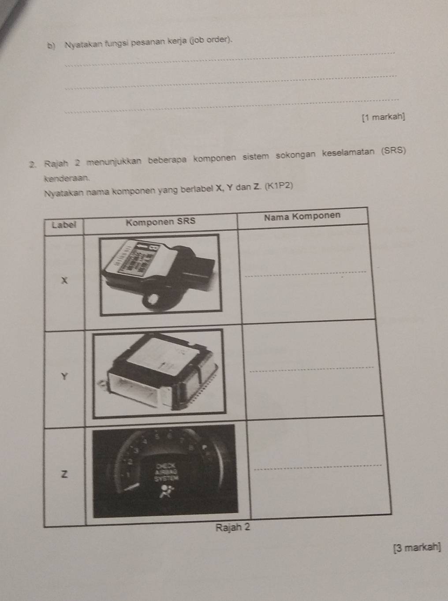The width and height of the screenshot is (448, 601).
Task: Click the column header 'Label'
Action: (64, 224)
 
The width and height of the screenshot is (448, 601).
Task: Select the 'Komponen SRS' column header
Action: (160, 221)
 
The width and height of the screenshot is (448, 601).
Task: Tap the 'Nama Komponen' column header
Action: (302, 216)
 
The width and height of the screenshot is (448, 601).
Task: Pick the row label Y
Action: (65, 376)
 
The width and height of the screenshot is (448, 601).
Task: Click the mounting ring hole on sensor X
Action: (153, 302)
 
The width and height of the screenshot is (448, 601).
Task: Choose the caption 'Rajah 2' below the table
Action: (232, 528)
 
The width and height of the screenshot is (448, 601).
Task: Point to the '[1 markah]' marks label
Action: (383, 117)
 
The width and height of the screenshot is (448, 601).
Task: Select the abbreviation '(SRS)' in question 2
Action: (392, 150)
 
